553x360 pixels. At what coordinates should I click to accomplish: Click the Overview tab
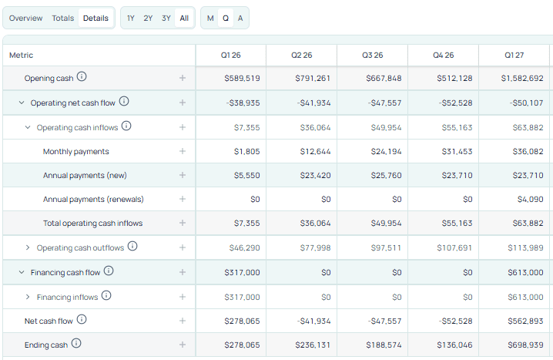(25, 18)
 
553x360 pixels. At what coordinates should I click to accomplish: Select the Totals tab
(63, 18)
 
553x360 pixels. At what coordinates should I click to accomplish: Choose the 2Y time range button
(148, 18)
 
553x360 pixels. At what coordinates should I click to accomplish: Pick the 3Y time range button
(166, 18)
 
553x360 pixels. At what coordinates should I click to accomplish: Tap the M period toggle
(210, 18)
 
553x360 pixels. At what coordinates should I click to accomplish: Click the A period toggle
(240, 18)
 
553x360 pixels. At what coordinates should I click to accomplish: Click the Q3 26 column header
(372, 56)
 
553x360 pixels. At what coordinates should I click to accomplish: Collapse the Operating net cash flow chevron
(22, 103)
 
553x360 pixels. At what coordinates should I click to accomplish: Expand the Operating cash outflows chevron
(28, 247)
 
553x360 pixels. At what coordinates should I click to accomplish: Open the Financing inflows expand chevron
(28, 297)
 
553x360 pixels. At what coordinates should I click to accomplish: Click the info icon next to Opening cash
(82, 77)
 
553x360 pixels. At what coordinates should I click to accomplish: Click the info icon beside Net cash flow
(82, 320)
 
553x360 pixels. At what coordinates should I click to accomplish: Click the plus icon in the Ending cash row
(183, 345)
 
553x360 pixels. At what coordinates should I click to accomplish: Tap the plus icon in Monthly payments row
(183, 152)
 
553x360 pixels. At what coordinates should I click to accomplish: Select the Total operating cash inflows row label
(92, 224)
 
